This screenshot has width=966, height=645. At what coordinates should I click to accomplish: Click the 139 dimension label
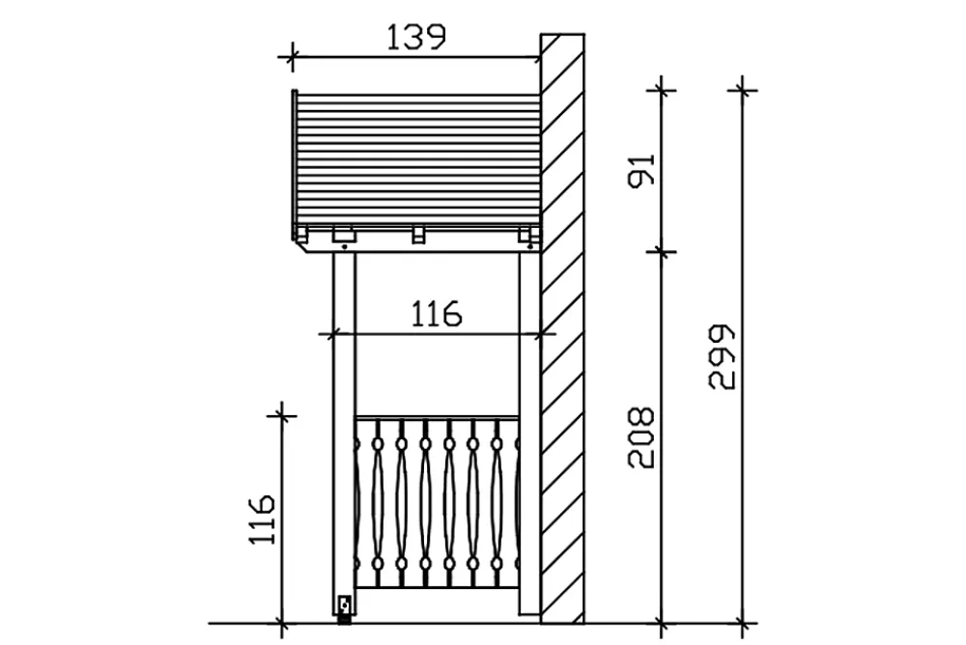(415, 37)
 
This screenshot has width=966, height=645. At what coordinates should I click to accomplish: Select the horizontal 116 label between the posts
(437, 314)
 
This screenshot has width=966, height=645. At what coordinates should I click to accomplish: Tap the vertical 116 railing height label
(262, 519)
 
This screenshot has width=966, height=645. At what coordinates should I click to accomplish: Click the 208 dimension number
(640, 437)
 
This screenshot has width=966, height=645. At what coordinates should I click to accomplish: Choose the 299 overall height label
(722, 356)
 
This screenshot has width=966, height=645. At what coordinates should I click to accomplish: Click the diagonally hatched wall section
(562, 328)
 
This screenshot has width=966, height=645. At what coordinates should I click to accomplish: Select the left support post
(344, 434)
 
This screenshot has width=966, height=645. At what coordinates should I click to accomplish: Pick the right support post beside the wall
(529, 434)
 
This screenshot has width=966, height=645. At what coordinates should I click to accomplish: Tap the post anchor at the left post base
(345, 608)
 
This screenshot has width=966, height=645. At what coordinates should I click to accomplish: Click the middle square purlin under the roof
(418, 235)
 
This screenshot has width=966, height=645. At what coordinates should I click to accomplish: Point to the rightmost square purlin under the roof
(525, 235)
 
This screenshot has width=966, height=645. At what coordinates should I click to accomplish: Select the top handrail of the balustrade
(437, 418)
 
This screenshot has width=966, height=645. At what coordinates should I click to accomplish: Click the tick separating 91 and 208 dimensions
(661, 251)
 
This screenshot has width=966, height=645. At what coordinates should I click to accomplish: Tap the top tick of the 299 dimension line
(743, 91)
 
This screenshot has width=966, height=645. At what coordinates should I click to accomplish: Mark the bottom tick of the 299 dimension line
(743, 623)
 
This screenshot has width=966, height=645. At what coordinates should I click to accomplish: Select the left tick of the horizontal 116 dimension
(332, 334)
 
